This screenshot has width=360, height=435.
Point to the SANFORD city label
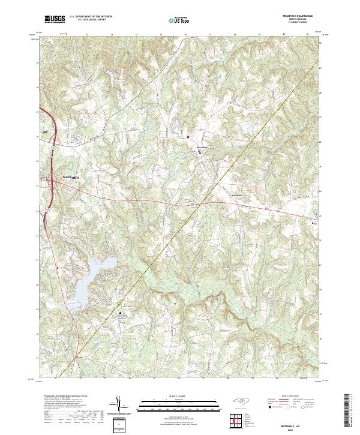click(70, 179)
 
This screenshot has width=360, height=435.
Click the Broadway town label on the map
click(202, 148)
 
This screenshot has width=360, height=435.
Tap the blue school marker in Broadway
click(199, 154)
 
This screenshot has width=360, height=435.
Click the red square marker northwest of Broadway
click(188, 136)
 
